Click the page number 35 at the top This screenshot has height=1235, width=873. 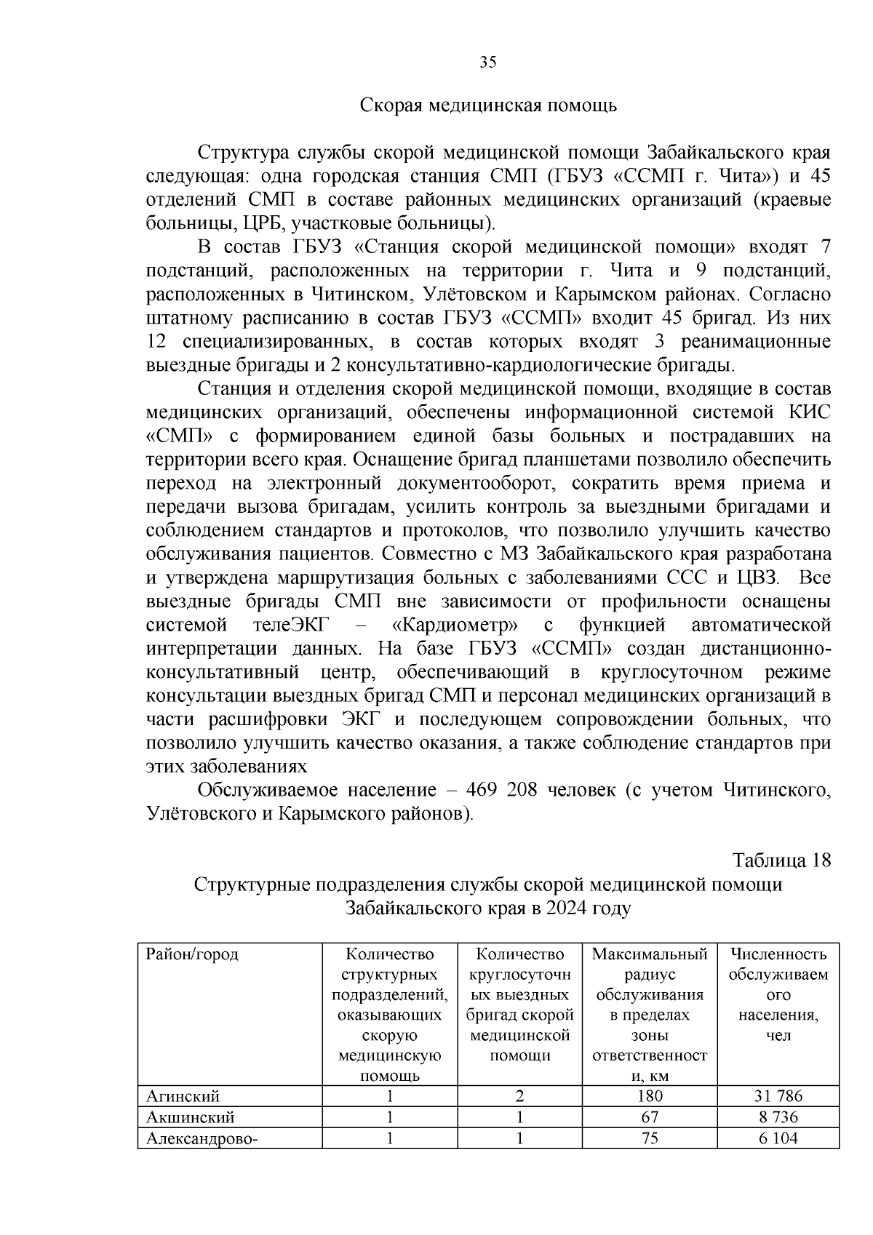(x=488, y=63)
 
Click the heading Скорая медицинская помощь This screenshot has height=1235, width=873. (x=488, y=106)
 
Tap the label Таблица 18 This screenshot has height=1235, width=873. (x=781, y=860)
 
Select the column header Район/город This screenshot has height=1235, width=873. (x=193, y=954)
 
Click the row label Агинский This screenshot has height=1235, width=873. (x=183, y=1096)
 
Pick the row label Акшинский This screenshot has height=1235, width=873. (x=191, y=1117)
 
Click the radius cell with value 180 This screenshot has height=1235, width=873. (x=650, y=1096)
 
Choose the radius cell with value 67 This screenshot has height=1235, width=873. (x=650, y=1117)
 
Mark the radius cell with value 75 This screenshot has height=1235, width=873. (x=650, y=1138)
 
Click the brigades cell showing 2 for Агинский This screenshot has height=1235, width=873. (x=519, y=1096)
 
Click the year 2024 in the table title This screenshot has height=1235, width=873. (x=567, y=908)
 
